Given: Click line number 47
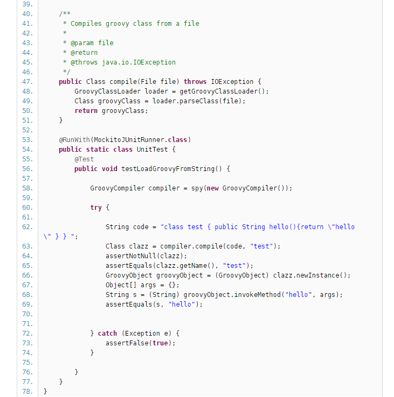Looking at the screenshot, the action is coord(27,82).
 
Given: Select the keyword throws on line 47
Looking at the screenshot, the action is coord(195,82).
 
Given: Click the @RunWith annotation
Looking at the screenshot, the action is coord(74,140).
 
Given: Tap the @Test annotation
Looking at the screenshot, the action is coord(84,159).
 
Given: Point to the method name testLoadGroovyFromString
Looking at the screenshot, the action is coord(168,169).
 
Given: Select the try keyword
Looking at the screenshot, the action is coord(95,208).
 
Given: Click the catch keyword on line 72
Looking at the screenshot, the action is coord(107,334).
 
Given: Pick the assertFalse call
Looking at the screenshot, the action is coord(127,343).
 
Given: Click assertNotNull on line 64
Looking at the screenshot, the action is coord(130,256).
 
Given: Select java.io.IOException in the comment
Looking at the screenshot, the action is coord(139,62).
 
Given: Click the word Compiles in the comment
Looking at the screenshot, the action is coord(86,24).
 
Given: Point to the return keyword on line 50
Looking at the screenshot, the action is coord(86,111).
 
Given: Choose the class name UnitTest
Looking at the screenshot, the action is coord(152,150).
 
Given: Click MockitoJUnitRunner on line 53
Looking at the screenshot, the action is coord(129,140).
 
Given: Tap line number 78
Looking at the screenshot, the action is coord(27,392).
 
